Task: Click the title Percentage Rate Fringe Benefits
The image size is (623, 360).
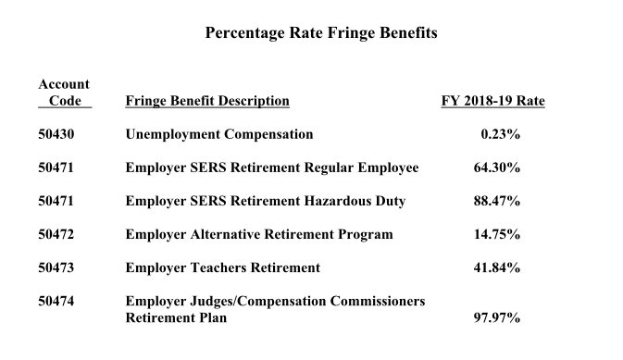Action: tap(320, 33)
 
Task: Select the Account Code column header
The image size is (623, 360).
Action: tap(64, 93)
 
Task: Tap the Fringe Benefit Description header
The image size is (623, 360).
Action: tap(207, 101)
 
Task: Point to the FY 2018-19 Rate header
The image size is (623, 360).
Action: tap(492, 101)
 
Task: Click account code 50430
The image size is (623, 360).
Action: tap(56, 134)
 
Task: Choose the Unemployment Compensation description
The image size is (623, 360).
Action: tap(219, 134)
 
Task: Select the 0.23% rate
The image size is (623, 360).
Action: tap(500, 134)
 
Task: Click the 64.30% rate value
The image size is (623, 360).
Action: tap(496, 168)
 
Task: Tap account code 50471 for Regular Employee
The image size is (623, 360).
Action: tap(56, 168)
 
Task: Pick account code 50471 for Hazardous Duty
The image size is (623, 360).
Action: tap(56, 201)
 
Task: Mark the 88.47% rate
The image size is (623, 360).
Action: tap(496, 201)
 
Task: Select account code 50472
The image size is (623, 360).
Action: tap(56, 234)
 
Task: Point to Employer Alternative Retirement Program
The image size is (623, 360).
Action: tap(259, 234)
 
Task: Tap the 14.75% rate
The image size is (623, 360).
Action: tap(496, 234)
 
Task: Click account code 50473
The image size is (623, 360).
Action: tap(56, 267)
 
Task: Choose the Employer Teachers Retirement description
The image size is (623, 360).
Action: tap(223, 267)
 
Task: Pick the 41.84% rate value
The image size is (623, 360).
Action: tap(496, 267)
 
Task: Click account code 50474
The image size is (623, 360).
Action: tap(56, 302)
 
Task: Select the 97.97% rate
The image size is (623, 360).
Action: tap(496, 318)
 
